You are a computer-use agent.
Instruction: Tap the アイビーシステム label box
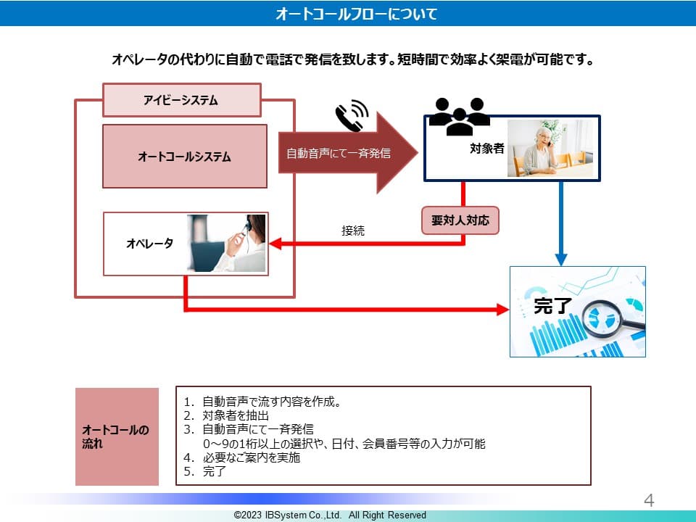click(181, 100)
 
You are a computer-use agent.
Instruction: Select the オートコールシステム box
click(184, 156)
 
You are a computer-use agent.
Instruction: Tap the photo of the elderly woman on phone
click(550, 148)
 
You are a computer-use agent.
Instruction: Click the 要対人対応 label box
click(461, 221)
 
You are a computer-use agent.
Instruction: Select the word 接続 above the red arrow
click(353, 231)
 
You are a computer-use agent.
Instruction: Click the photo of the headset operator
click(227, 243)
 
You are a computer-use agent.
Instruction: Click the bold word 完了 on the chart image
click(553, 305)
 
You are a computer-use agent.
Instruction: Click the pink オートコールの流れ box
click(117, 436)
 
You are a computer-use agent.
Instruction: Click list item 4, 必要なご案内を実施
click(251, 457)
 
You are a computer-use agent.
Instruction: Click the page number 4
click(649, 500)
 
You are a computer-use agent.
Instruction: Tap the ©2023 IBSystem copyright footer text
click(330, 515)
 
